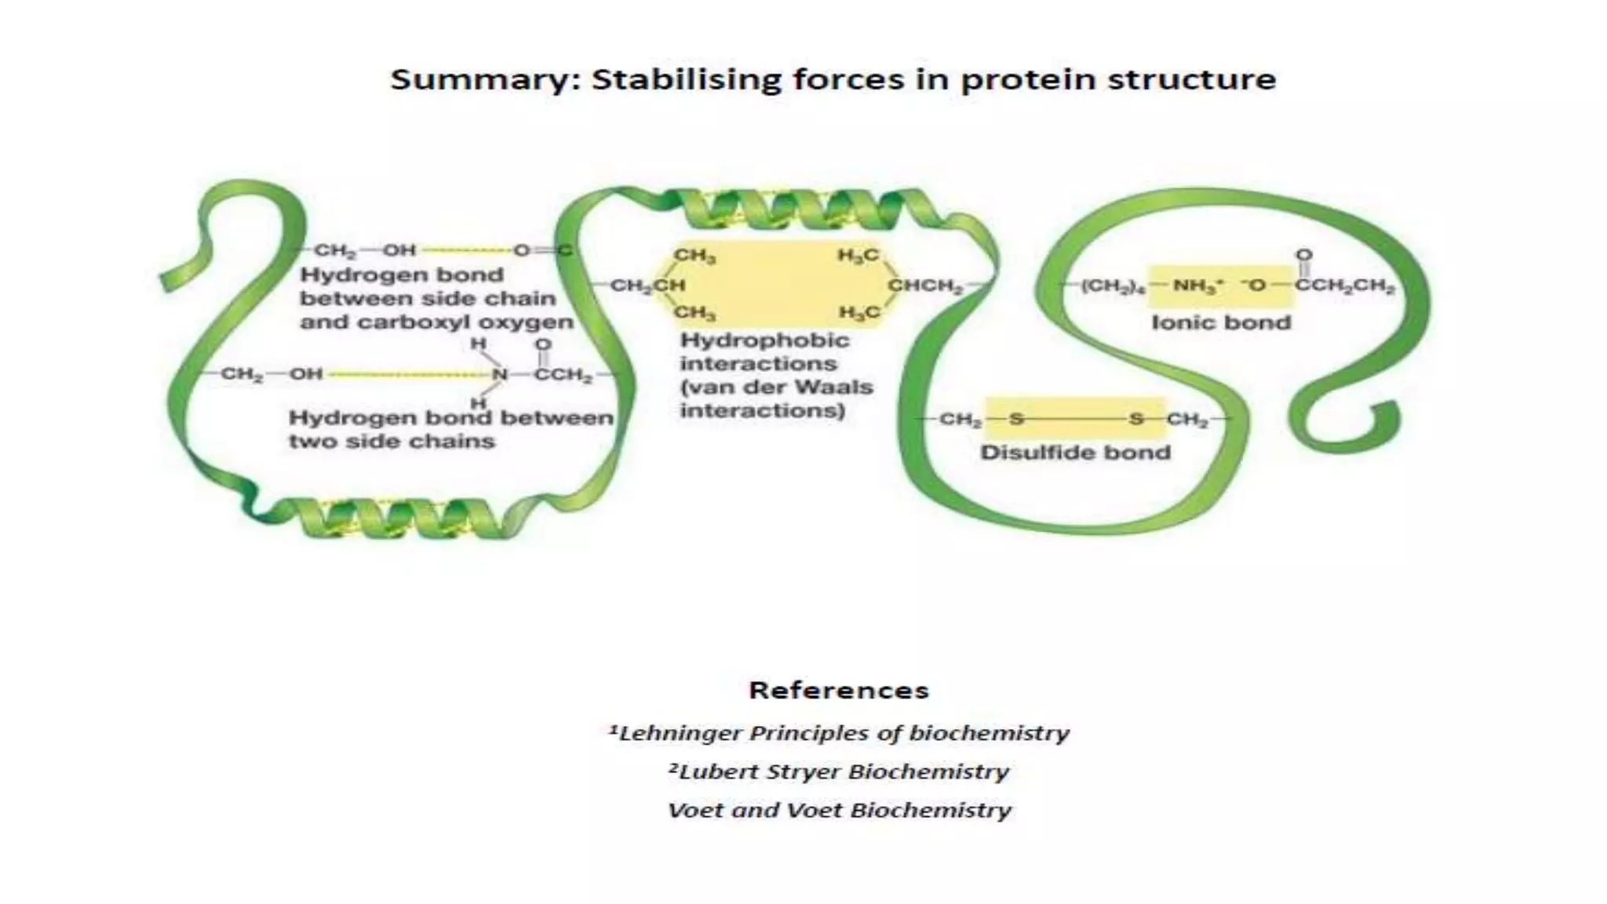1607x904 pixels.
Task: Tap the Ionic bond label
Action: coord(1220,323)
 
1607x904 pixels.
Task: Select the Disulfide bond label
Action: coord(1075,453)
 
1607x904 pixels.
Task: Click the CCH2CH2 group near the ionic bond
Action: coord(1344,286)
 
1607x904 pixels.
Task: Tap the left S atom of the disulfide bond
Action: coord(1016,419)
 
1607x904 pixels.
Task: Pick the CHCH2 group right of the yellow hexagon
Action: coord(925,286)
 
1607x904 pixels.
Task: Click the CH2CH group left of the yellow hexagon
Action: coord(648,286)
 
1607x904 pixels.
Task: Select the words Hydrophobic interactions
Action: coord(763,352)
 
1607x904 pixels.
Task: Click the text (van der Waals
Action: coord(775,387)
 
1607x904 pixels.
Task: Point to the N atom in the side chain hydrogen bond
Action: coord(500,374)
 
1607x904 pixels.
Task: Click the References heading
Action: coord(838,691)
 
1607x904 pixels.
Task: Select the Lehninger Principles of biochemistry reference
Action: coord(838,733)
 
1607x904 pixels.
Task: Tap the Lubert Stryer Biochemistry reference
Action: coord(838,771)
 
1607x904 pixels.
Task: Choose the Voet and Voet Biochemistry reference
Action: coord(838,810)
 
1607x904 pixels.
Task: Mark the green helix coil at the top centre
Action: coord(793,208)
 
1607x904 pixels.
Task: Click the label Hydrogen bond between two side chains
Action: coord(450,429)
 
